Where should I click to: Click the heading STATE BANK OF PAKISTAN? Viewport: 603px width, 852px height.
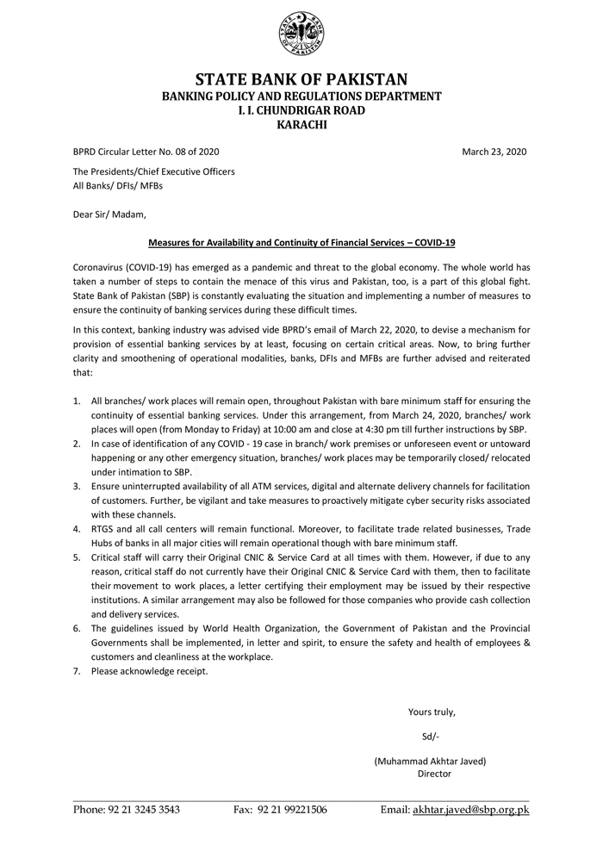(x=301, y=80)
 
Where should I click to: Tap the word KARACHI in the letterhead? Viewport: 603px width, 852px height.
(x=301, y=125)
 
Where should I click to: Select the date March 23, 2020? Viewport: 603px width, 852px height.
(x=494, y=152)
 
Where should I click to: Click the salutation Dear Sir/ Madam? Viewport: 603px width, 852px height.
(x=109, y=215)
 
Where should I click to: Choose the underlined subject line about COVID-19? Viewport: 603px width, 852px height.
(x=301, y=244)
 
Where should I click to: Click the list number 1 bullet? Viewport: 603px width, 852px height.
(x=77, y=401)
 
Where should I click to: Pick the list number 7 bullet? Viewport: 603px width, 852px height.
(x=77, y=671)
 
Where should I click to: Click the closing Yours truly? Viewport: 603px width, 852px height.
(x=432, y=712)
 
